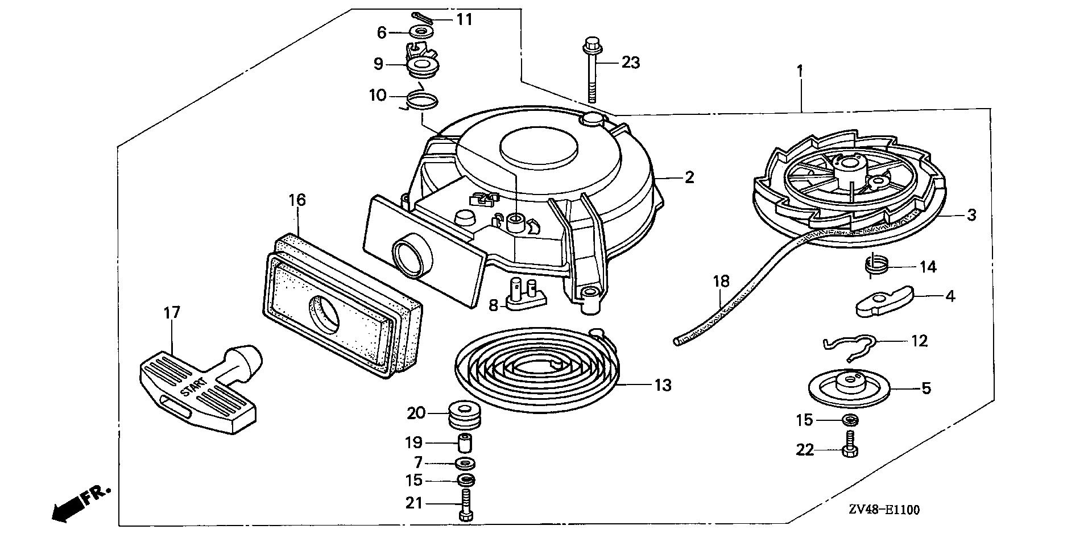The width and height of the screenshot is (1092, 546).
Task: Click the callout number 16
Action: click(x=297, y=200)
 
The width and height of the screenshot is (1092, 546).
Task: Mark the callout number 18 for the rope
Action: click(x=720, y=280)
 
